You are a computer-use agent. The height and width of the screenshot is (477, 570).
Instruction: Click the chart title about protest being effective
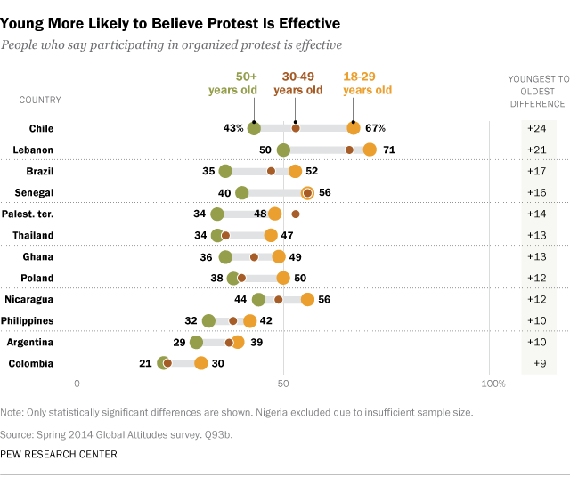169,20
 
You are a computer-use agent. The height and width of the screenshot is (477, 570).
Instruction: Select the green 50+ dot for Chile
254,128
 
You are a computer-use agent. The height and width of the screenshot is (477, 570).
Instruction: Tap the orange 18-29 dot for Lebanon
370,150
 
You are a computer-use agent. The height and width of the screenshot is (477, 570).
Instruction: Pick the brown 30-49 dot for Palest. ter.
296,214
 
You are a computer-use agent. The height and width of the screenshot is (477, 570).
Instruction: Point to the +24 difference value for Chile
536,128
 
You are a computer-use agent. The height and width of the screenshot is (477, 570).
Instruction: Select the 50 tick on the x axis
284,383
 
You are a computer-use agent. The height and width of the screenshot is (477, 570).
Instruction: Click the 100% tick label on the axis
493,383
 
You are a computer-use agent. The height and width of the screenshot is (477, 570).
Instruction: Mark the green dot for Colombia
163,363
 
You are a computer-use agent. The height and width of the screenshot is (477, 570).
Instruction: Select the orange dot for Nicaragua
307,299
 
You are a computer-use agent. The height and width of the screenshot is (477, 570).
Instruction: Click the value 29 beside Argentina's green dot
179,342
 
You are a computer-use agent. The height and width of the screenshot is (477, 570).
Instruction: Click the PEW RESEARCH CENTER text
59,454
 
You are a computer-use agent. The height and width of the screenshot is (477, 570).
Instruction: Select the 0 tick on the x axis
77,383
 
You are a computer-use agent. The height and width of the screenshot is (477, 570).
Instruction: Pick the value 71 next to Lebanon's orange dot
389,150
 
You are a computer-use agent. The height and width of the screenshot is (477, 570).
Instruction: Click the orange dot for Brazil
295,171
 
